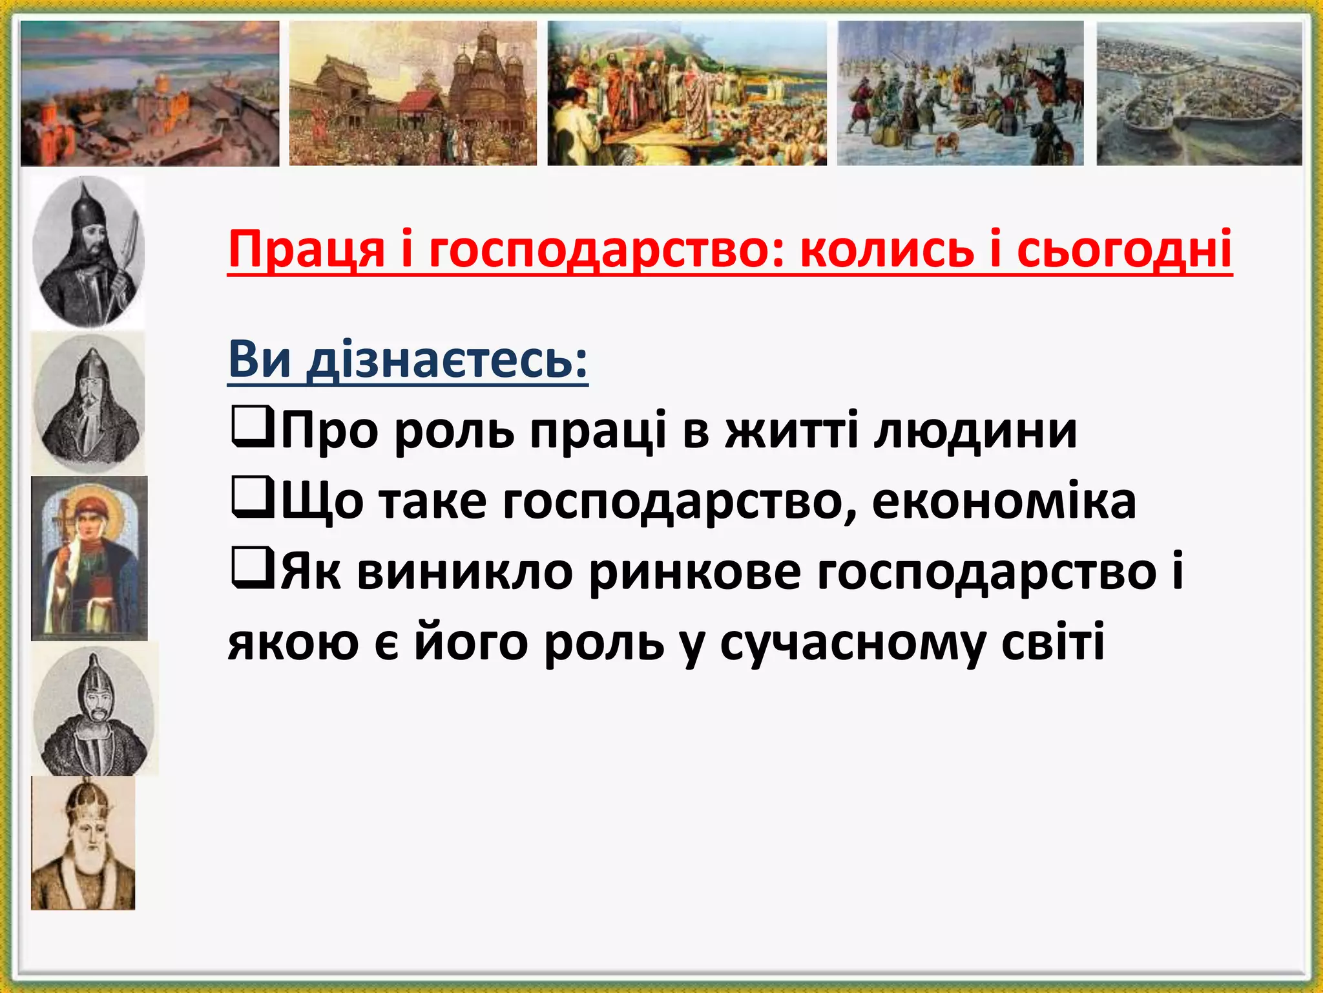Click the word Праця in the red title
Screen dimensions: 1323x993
pyautogui.click(x=307, y=250)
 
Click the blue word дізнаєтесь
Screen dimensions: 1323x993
pyautogui.click(x=447, y=360)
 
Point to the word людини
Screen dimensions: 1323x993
pyautogui.click(x=975, y=431)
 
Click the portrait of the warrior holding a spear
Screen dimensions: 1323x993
pyautogui.click(x=89, y=251)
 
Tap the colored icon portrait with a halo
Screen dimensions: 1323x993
pyautogui.click(x=89, y=559)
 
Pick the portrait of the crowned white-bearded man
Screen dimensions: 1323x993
pyautogui.click(x=83, y=843)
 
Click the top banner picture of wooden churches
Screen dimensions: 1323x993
pyautogui.click(x=413, y=93)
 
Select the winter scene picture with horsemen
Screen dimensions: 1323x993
pyautogui.click(x=961, y=93)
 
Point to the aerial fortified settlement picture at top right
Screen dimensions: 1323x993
pyautogui.click(x=1200, y=93)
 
